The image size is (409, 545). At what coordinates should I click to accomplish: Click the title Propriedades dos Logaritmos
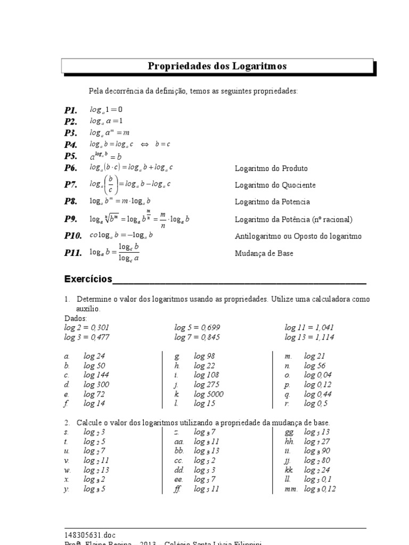click(x=217, y=66)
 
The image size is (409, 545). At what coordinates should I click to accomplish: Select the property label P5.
click(x=71, y=156)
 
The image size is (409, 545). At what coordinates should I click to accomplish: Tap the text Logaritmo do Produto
click(x=271, y=168)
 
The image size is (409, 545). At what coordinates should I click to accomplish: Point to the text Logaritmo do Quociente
click(x=275, y=185)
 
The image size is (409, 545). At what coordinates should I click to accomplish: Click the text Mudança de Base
click(x=264, y=253)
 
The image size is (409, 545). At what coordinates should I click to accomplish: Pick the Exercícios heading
click(x=88, y=279)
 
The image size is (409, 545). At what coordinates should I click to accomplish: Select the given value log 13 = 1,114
click(x=309, y=337)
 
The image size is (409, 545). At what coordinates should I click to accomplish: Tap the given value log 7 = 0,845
click(x=197, y=337)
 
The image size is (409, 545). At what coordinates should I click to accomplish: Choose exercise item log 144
click(x=96, y=375)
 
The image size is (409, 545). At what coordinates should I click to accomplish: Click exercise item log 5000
click(x=209, y=394)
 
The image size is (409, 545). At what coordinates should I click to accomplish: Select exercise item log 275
click(x=207, y=385)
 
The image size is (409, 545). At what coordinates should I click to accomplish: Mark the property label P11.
click(x=73, y=253)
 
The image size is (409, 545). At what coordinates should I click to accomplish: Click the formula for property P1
click(x=106, y=110)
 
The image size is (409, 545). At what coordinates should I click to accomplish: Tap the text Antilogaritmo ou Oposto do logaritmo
click(x=298, y=236)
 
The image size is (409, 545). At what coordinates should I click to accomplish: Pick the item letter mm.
click(x=290, y=489)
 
